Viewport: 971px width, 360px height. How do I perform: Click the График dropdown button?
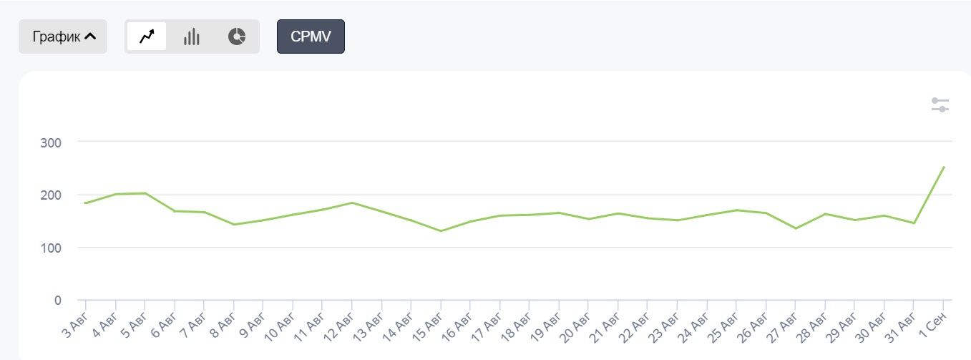(x=63, y=37)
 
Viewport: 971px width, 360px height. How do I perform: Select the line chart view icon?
(x=147, y=37)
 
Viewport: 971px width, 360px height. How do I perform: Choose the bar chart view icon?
(x=191, y=37)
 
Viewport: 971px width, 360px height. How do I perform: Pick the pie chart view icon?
(x=237, y=37)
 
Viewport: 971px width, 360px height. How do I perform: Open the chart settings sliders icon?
(x=940, y=104)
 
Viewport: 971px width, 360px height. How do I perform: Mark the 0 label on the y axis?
(x=58, y=300)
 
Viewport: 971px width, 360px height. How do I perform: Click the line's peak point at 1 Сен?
(x=944, y=167)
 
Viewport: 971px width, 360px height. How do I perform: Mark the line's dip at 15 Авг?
(x=441, y=230)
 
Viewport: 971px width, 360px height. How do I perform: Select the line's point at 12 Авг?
(x=352, y=203)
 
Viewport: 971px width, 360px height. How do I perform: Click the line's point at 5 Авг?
(x=145, y=193)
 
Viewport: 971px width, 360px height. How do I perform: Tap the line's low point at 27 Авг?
(x=796, y=228)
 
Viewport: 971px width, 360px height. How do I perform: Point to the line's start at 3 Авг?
(x=86, y=203)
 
